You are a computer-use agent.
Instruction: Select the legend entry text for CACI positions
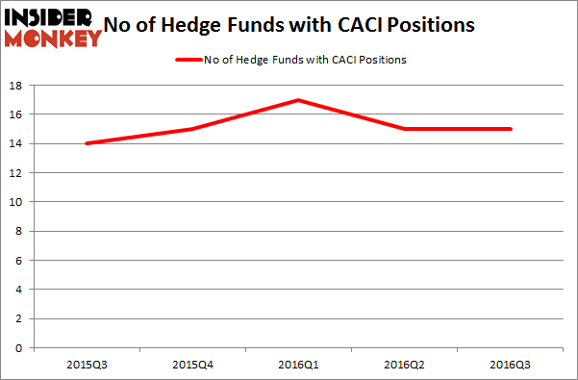[x=306, y=60]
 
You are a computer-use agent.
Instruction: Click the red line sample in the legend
[x=188, y=60]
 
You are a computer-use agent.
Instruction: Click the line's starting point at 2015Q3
[x=88, y=143]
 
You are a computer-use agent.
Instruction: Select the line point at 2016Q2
[x=405, y=129]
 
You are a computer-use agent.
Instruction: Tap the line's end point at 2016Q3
[x=510, y=129]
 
